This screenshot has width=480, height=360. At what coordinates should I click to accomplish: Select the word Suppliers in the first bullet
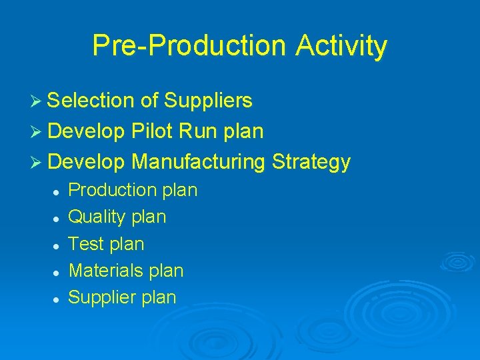[208, 101]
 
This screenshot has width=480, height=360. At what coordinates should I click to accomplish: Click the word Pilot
[153, 131]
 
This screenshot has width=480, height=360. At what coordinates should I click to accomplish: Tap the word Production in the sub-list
[111, 190]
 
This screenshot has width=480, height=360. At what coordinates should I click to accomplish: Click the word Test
[86, 244]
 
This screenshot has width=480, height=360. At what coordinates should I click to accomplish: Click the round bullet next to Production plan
[57, 191]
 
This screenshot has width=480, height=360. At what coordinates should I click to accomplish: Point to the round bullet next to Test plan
[57, 245]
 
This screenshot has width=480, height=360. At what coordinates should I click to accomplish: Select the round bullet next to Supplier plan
[57, 299]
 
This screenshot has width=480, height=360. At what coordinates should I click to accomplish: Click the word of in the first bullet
[149, 101]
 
